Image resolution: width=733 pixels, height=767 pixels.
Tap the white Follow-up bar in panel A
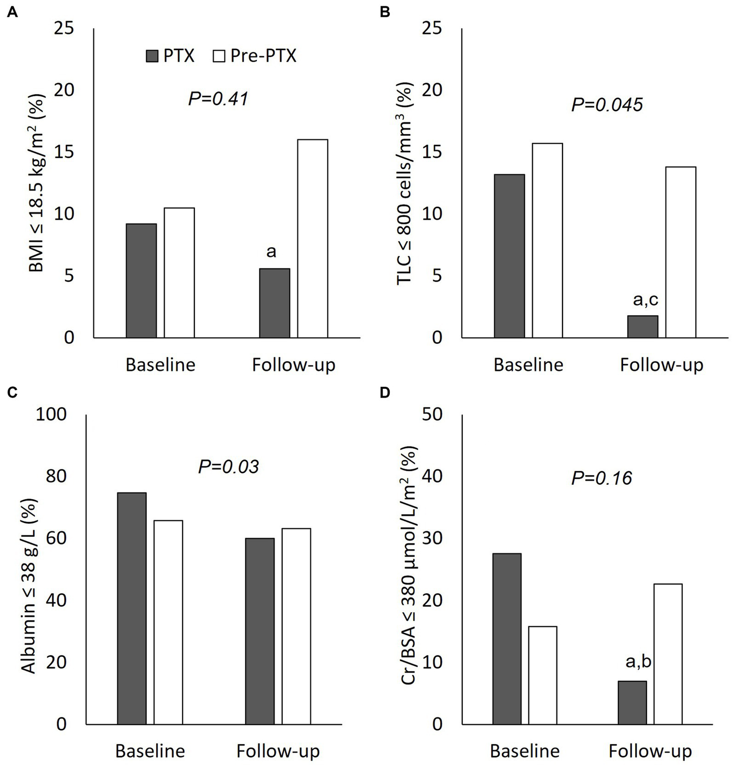[x=313, y=239]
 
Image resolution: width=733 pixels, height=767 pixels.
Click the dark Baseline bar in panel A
[x=141, y=281]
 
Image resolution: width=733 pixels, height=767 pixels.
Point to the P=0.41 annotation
[x=218, y=99]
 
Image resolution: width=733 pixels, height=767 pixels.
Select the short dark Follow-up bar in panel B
[x=642, y=327]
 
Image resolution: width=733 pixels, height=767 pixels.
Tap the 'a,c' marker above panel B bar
[x=645, y=299]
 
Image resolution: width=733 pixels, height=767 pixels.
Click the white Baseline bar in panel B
[x=548, y=240]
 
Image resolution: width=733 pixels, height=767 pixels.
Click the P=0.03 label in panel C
[x=228, y=467]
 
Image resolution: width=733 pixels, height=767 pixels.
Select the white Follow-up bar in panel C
[x=296, y=626]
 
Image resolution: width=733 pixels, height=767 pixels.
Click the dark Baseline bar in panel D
[x=507, y=639]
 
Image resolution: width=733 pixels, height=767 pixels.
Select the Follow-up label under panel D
[x=650, y=751]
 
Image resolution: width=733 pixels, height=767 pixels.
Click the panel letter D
[x=384, y=393]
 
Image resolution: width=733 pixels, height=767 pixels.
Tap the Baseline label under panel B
[x=528, y=365]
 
